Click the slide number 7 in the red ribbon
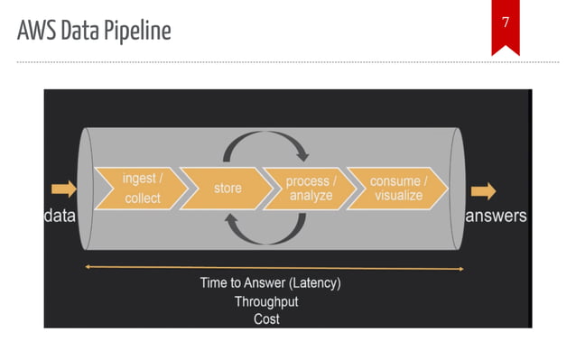(506, 21)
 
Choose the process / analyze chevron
(308, 188)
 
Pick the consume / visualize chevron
(396, 188)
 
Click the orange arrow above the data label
(64, 189)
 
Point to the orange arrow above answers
(483, 190)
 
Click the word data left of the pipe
(60, 217)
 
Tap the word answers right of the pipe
(496, 217)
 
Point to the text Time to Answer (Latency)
(270, 282)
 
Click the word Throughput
(266, 301)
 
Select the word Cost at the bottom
(266, 318)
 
